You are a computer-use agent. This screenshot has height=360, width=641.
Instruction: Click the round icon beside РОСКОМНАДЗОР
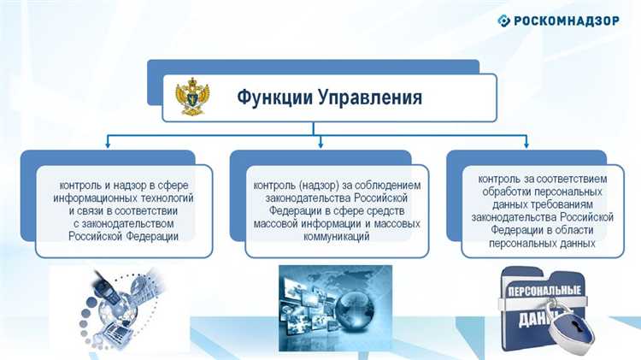504,21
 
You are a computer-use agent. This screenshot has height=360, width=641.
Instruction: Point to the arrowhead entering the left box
109,145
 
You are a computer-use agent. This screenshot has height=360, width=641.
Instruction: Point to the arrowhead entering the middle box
320,145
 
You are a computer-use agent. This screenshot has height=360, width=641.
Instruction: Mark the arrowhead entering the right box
532,145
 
